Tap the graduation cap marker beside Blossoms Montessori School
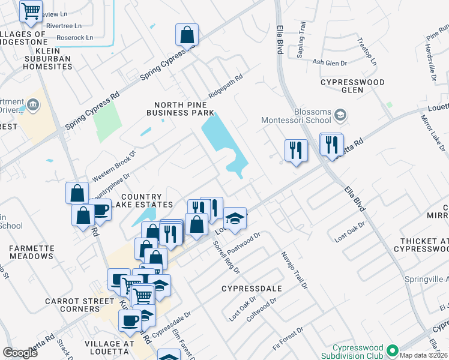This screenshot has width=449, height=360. click(340, 114)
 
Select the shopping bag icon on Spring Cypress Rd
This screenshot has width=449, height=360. click(187, 35)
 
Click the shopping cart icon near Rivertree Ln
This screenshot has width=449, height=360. click(31, 10)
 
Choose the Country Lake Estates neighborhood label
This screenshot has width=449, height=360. click(142, 201)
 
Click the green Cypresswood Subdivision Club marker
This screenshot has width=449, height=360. click(393, 349)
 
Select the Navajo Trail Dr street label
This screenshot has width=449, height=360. click(294, 271)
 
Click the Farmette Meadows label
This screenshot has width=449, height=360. click(32, 251)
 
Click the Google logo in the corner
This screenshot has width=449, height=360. click(20, 353)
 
